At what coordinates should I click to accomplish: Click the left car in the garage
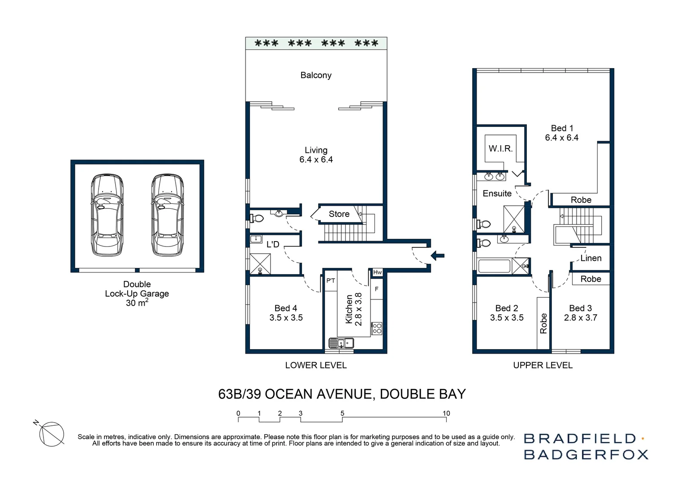pyautogui.click(x=107, y=215)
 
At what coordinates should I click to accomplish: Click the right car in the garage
pyautogui.click(x=167, y=215)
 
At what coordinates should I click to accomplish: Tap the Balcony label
pyautogui.click(x=316, y=75)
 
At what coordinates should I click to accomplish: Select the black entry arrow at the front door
pyautogui.click(x=437, y=256)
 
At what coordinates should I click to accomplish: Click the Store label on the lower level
pyautogui.click(x=339, y=214)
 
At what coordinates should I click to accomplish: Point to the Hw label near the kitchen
pyautogui.click(x=377, y=272)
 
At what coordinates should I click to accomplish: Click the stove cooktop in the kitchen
pyautogui.click(x=377, y=328)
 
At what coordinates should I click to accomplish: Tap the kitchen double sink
pyautogui.click(x=341, y=343)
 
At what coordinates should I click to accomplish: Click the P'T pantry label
pyautogui.click(x=331, y=281)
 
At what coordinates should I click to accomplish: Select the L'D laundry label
pyautogui.click(x=273, y=244)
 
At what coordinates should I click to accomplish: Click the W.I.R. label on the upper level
pyautogui.click(x=500, y=149)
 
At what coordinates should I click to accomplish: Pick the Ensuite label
pyautogui.click(x=497, y=194)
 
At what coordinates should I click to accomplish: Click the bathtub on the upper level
pyautogui.click(x=494, y=266)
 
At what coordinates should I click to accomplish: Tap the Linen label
pyautogui.click(x=591, y=258)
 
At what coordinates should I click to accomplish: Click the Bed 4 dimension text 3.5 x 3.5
pyautogui.click(x=286, y=318)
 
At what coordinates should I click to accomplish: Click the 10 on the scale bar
pyautogui.click(x=446, y=413)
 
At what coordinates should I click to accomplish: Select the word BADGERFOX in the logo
pyautogui.click(x=586, y=454)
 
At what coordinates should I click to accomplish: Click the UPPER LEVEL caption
pyautogui.click(x=543, y=365)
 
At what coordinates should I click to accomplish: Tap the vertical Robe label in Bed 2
pyautogui.click(x=543, y=324)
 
